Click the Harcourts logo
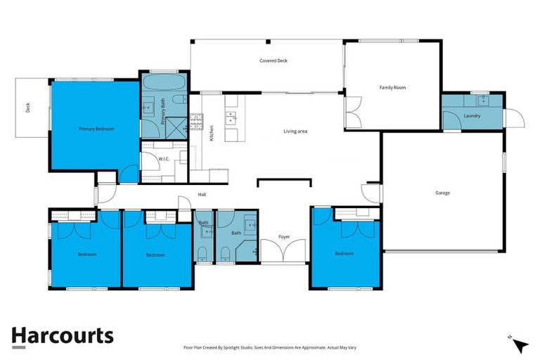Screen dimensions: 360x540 pyautogui.click(x=63, y=335)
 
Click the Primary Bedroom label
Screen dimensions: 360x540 pyautogui.click(x=96, y=129)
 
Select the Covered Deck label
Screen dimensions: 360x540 pyautogui.click(x=274, y=61)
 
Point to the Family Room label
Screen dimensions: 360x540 pyautogui.click(x=393, y=88)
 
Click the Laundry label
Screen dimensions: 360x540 pyautogui.click(x=472, y=116)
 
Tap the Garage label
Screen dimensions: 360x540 pyautogui.click(x=442, y=193)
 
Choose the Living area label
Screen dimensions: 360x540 pyautogui.click(x=295, y=131)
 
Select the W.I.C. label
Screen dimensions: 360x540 pyautogui.click(x=165, y=159)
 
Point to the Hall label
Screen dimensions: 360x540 pyautogui.click(x=202, y=195)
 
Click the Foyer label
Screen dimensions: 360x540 pyautogui.click(x=284, y=236)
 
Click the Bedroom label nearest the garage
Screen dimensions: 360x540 pyautogui.click(x=344, y=253)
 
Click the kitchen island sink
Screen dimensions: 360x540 pyautogui.click(x=231, y=118)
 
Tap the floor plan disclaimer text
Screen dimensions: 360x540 pyautogui.click(x=269, y=347)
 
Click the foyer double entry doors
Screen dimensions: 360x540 pyautogui.click(x=284, y=251)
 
